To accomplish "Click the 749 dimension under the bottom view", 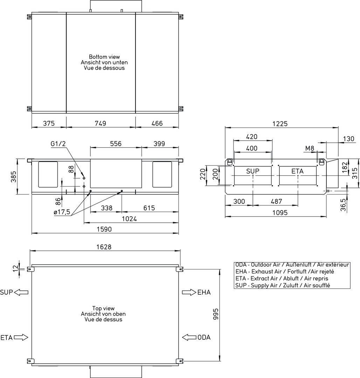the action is click(x=100, y=123).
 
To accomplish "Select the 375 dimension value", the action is click(x=49, y=123).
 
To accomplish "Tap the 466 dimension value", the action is click(x=157, y=123).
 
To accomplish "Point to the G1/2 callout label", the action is click(x=58, y=144).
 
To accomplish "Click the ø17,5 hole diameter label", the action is click(x=62, y=212).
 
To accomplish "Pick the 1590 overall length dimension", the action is click(x=104, y=229).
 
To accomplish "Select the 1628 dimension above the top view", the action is click(x=104, y=247).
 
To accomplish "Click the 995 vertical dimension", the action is click(x=216, y=314).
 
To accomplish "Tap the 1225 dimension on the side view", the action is click(x=280, y=124).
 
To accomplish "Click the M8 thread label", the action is click(x=310, y=148).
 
